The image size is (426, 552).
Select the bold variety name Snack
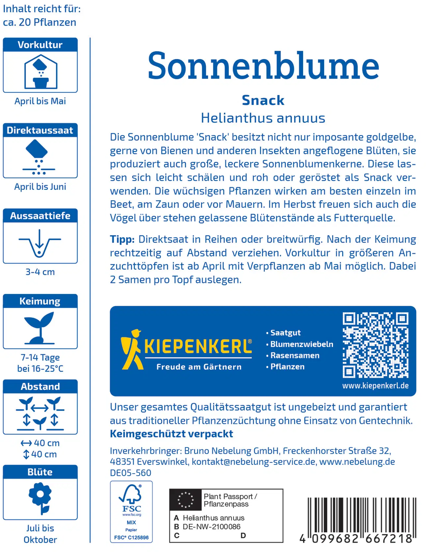pyautogui.click(x=263, y=100)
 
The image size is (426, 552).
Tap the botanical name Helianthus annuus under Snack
pyautogui.click(x=263, y=118)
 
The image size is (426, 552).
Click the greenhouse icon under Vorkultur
pyautogui.click(x=41, y=72)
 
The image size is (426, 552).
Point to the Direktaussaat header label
pyautogui.click(x=40, y=130)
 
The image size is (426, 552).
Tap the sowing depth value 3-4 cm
pyautogui.click(x=40, y=272)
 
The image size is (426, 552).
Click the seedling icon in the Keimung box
pyautogui.click(x=40, y=327)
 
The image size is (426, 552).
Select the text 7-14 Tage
pyautogui.click(x=40, y=357)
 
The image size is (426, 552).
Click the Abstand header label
pyautogui.click(x=40, y=386)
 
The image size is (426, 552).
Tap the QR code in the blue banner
pyautogui.click(x=375, y=345)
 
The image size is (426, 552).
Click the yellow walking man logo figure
pyautogui.click(x=132, y=349)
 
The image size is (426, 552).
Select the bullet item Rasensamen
pyautogui.click(x=295, y=355)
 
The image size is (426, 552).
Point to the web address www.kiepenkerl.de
pyautogui.click(x=375, y=386)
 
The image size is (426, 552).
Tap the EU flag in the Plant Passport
pyautogui.click(x=185, y=500)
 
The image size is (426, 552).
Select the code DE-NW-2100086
pyautogui.click(x=211, y=526)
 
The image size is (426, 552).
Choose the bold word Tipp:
pyautogui.click(x=122, y=239)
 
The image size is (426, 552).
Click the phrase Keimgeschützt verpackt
pyautogui.click(x=171, y=434)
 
